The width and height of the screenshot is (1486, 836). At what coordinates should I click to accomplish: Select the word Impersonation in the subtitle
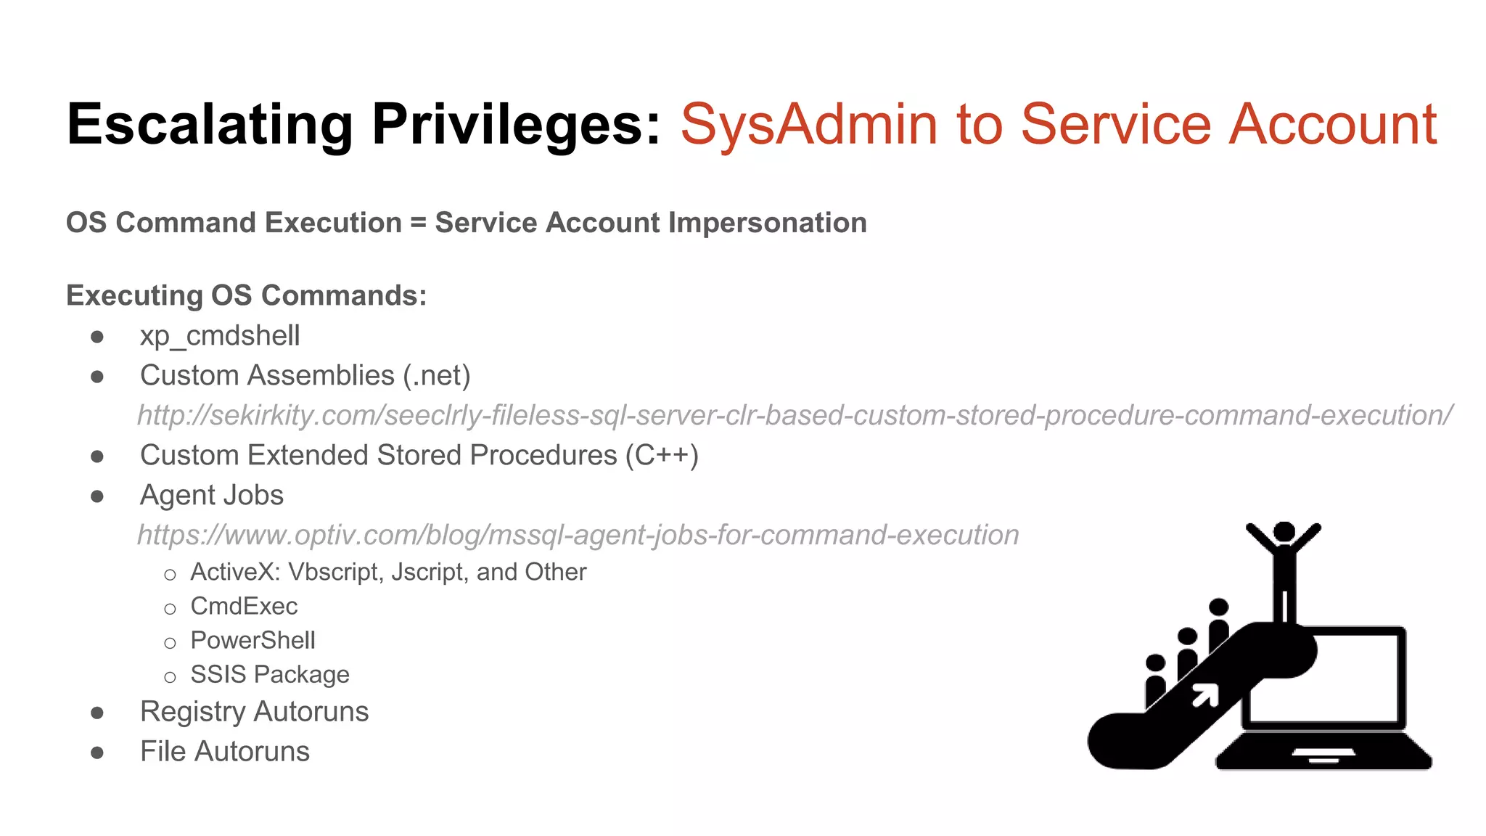tap(767, 223)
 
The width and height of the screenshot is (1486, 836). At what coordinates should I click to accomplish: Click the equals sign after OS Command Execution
tap(418, 224)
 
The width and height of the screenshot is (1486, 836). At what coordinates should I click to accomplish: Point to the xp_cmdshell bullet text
tap(220, 336)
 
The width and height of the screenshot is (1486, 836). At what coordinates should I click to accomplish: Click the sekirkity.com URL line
tap(795, 415)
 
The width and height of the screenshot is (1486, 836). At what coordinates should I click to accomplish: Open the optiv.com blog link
tap(578, 535)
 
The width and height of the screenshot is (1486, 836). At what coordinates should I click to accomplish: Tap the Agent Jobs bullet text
tap(211, 495)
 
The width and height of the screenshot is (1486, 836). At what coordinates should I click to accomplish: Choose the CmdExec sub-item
tap(244, 606)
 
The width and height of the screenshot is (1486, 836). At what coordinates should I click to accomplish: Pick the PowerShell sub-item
tap(253, 640)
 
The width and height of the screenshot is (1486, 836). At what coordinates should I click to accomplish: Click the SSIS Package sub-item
tap(270, 674)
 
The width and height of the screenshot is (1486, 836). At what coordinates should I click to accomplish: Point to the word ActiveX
tap(234, 572)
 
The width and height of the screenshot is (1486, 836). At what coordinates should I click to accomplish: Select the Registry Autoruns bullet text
tap(254, 711)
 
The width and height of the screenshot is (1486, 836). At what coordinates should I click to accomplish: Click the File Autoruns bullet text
tap(224, 751)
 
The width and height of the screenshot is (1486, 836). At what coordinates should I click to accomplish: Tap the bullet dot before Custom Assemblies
tap(97, 376)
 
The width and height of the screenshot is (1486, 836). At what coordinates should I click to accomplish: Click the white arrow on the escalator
tap(1205, 695)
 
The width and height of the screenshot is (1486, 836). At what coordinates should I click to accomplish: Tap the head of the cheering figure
tap(1284, 532)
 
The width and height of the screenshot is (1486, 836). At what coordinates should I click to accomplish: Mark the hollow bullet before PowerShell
tap(170, 643)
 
